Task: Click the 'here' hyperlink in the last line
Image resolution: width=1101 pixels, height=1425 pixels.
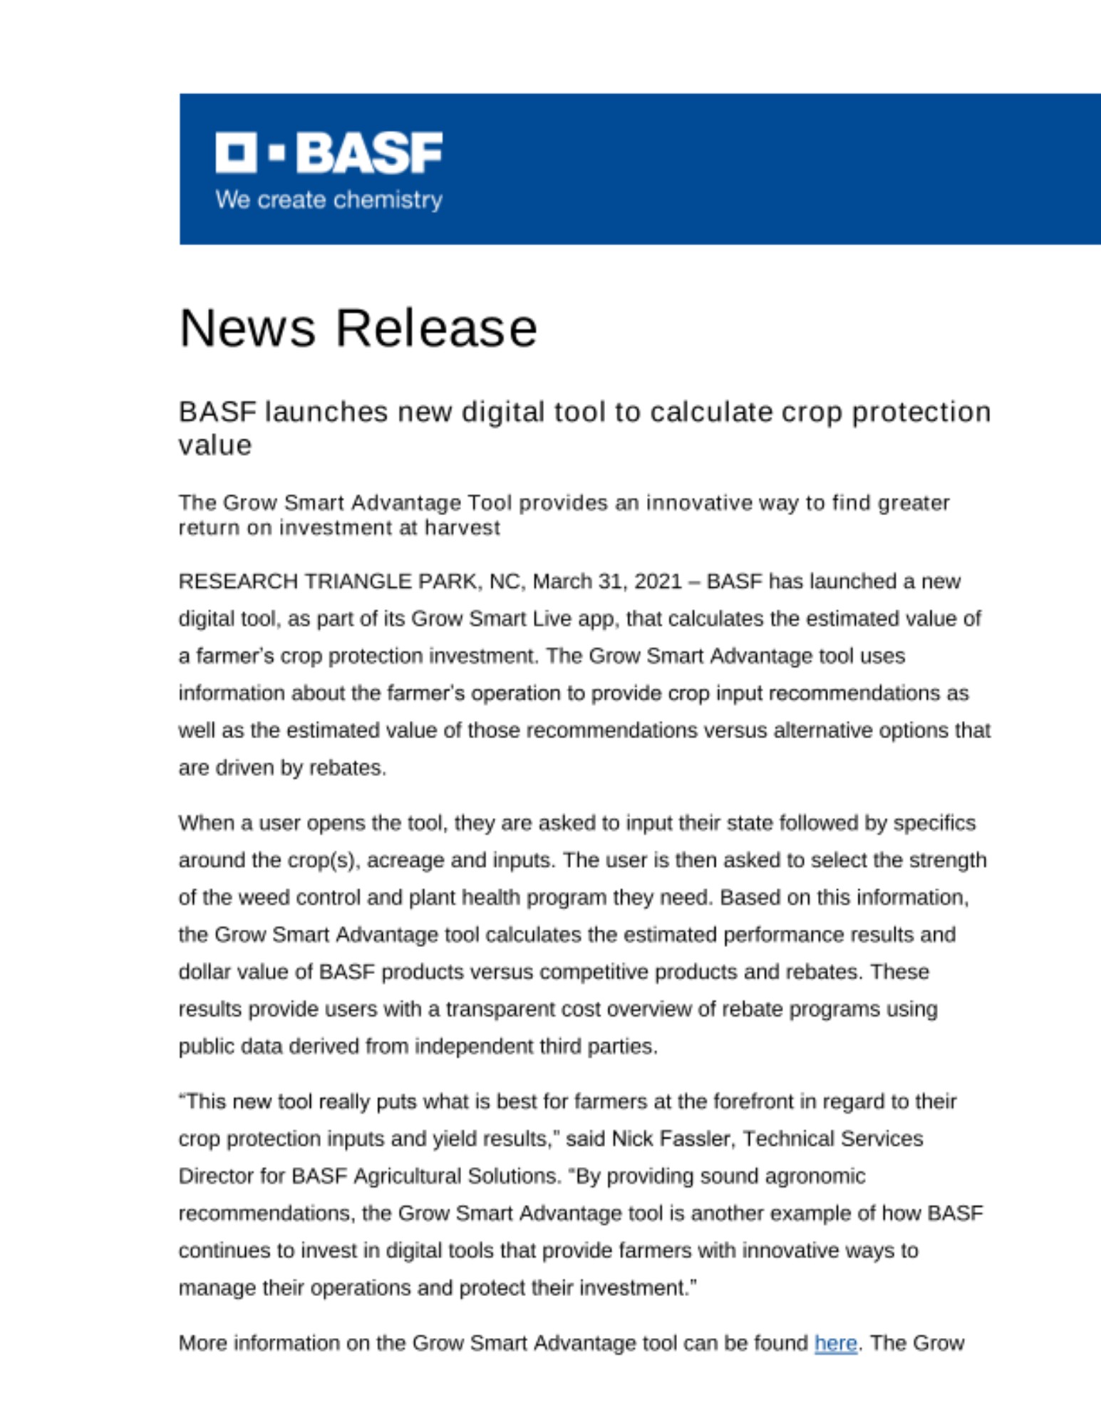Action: (x=835, y=1343)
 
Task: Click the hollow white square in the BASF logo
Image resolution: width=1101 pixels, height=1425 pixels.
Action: (x=236, y=152)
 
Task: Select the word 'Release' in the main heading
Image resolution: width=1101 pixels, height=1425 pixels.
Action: (x=436, y=328)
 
